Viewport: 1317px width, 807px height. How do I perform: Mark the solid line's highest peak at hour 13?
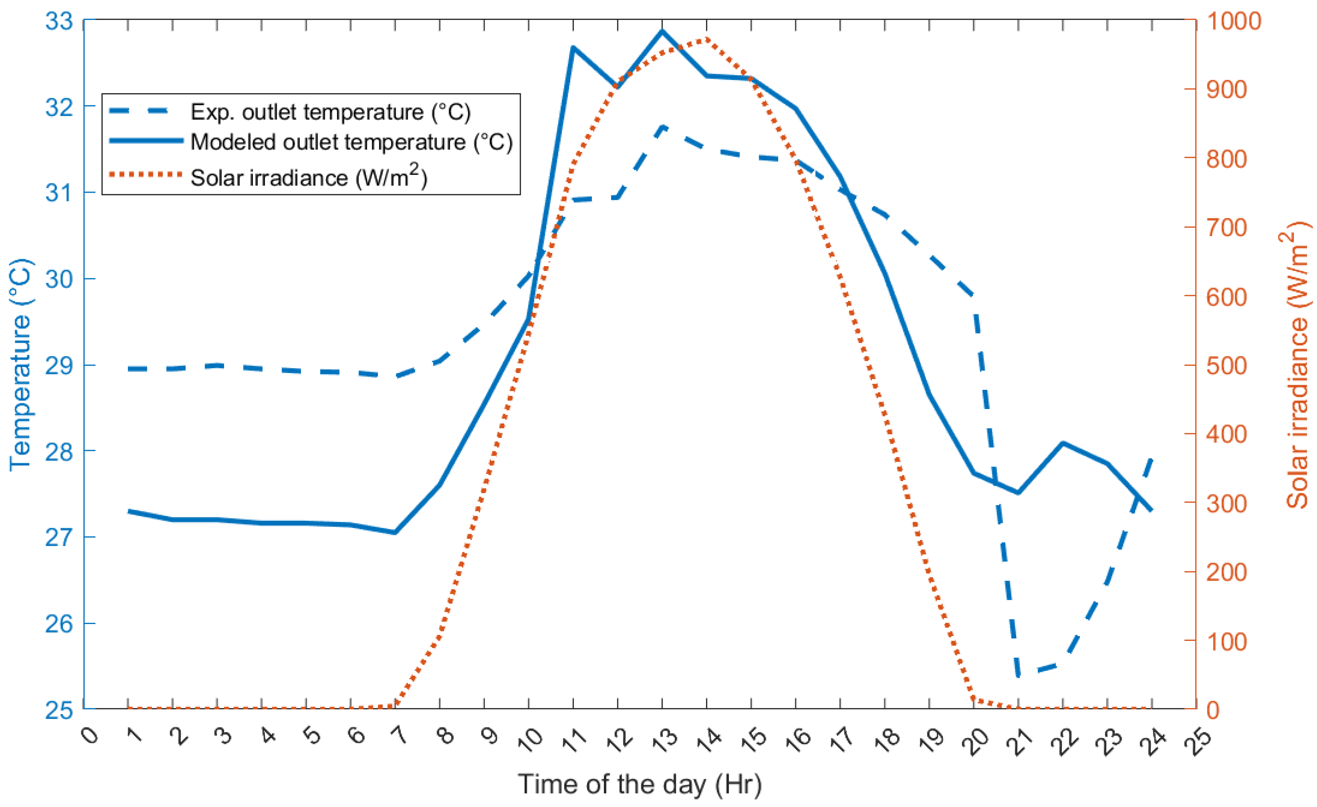(x=663, y=31)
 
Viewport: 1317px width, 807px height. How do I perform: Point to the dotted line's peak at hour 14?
(x=707, y=39)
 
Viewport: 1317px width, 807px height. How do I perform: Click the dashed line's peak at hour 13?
(x=663, y=127)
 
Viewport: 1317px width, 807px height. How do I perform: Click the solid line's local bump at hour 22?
(x=1063, y=443)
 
